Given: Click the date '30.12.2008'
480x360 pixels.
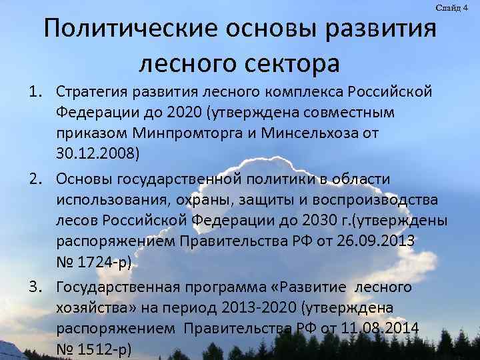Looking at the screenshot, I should (96, 155).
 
